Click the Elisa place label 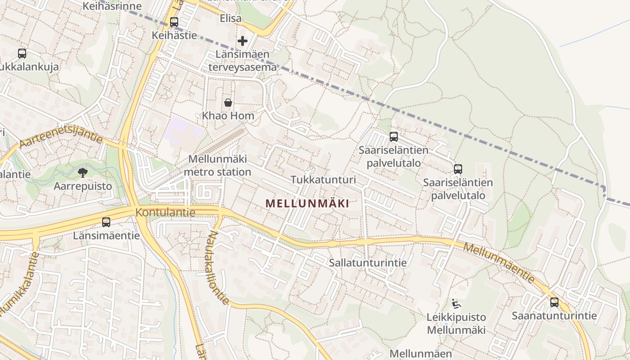tap(230, 19)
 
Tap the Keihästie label tap(174, 35)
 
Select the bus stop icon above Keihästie tap(174, 22)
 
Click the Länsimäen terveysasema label tap(243, 61)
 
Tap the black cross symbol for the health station tap(243, 41)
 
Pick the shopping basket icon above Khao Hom tap(228, 103)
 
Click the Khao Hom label tap(228, 116)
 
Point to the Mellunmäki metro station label tap(218, 165)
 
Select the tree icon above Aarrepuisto tap(83, 172)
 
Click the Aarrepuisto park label tap(83, 185)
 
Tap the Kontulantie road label tap(166, 212)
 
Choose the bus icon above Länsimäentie tap(106, 222)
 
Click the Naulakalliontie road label tap(219, 268)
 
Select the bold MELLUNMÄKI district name tap(307, 203)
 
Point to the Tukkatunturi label tap(323, 180)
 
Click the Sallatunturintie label tap(368, 263)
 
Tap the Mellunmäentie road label tap(499, 263)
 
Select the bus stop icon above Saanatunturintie tap(554, 302)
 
